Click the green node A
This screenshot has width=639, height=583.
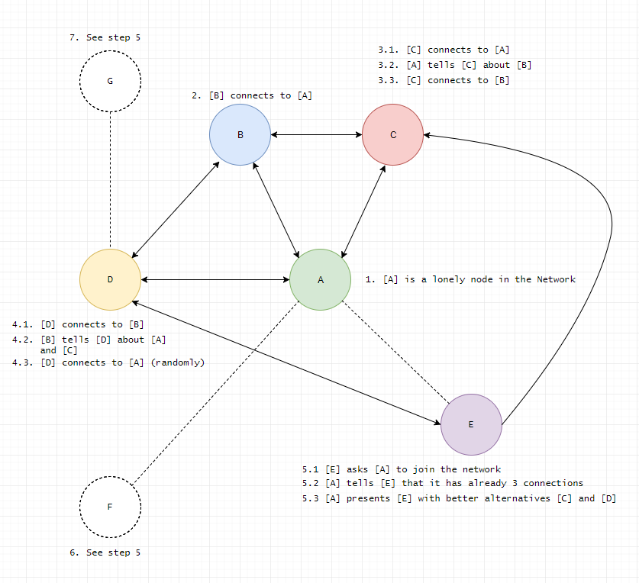pos(320,279)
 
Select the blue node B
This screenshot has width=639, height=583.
pos(240,135)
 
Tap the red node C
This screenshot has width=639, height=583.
pos(392,135)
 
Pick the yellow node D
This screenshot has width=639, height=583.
pos(110,279)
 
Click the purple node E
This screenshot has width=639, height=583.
pos(471,424)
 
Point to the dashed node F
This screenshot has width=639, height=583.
pos(110,507)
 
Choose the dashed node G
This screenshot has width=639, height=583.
pos(110,81)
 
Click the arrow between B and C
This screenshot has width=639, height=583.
pos(316,135)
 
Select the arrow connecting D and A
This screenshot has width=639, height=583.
pos(215,279)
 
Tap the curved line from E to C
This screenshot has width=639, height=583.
pos(611,229)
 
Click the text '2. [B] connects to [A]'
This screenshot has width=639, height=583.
pos(252,95)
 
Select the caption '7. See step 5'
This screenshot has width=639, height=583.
pos(105,37)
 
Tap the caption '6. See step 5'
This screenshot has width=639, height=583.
pos(105,552)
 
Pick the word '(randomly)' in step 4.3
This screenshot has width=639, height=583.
pos(178,362)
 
